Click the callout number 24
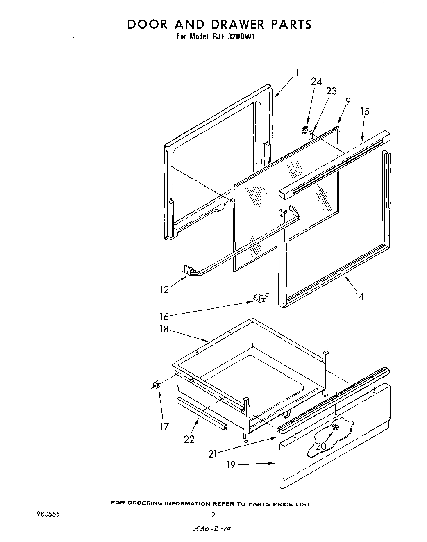tap(316, 82)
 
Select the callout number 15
tap(364, 111)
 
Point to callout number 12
tap(165, 289)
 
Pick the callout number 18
tap(164, 329)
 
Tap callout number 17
tap(164, 427)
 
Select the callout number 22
tap(189, 439)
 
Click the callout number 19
tap(231, 465)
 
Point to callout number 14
tap(359, 296)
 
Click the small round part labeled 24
tap(304, 130)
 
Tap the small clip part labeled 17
tap(155, 385)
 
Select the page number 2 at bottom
tap(213, 515)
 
